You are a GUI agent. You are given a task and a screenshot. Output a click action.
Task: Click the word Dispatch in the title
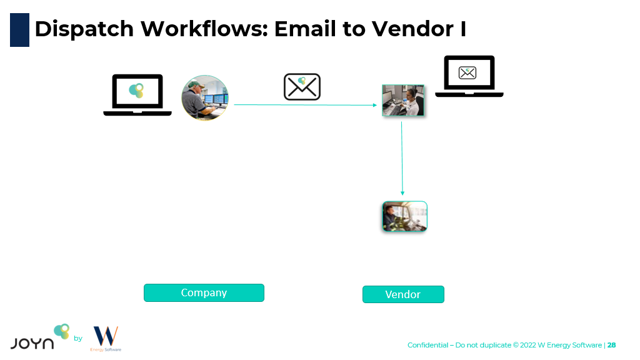[84, 29]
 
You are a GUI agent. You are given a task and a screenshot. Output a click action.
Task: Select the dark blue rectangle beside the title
[19, 29]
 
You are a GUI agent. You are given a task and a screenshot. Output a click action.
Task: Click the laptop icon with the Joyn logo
[137, 94]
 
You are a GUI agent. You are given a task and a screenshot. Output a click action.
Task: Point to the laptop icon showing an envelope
[469, 76]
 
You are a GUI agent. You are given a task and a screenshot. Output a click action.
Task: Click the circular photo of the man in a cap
[205, 98]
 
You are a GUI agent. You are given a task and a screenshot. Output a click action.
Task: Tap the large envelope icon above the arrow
[302, 87]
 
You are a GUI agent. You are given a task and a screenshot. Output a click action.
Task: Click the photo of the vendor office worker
[403, 101]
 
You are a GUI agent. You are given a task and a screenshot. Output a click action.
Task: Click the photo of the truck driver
[404, 217]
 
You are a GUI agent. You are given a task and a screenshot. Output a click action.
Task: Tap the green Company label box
[204, 292]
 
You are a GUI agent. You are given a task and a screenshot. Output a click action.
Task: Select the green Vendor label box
[403, 294]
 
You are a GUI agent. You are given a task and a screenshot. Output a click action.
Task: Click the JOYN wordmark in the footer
[32, 342]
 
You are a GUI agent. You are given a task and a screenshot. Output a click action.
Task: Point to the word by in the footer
[78, 339]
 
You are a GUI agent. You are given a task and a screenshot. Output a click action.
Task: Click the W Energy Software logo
[106, 338]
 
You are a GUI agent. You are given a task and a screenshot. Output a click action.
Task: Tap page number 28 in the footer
[612, 345]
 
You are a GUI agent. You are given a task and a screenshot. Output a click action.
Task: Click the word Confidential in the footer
[427, 345]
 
